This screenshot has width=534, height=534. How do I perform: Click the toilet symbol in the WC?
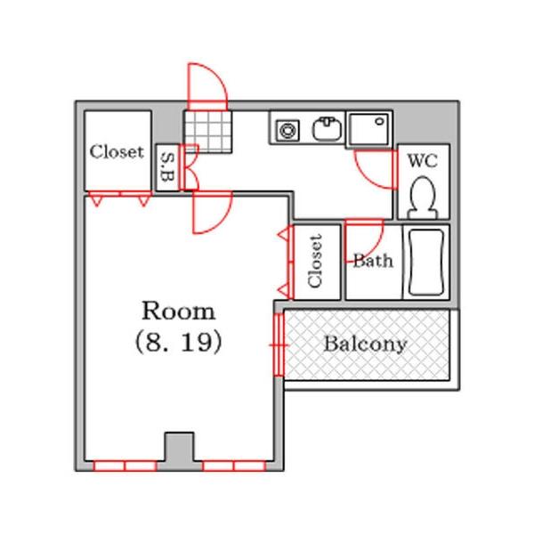(x=423, y=198)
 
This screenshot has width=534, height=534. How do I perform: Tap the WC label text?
(x=422, y=161)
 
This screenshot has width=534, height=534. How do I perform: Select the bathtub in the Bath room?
(x=426, y=262)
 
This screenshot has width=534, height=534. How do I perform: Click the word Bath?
(x=373, y=261)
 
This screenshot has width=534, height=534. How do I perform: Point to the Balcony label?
(x=365, y=344)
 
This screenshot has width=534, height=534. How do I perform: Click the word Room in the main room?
(x=179, y=311)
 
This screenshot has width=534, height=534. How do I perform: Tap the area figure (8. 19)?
(x=179, y=342)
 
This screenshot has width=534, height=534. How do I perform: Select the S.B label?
(x=167, y=167)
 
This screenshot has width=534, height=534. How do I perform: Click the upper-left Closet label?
(x=117, y=152)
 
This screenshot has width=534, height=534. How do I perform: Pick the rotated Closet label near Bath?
(x=315, y=261)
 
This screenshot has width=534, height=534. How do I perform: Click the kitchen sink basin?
(x=327, y=128)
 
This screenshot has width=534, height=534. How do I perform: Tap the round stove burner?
(x=287, y=130)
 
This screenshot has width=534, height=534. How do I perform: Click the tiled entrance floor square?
(x=207, y=131)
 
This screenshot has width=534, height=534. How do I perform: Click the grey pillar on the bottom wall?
(x=180, y=450)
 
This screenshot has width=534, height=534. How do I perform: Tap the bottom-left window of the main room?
(x=125, y=465)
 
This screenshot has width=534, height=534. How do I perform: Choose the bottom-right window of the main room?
(x=234, y=465)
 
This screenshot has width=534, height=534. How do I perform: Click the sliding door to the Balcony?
(x=279, y=345)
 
